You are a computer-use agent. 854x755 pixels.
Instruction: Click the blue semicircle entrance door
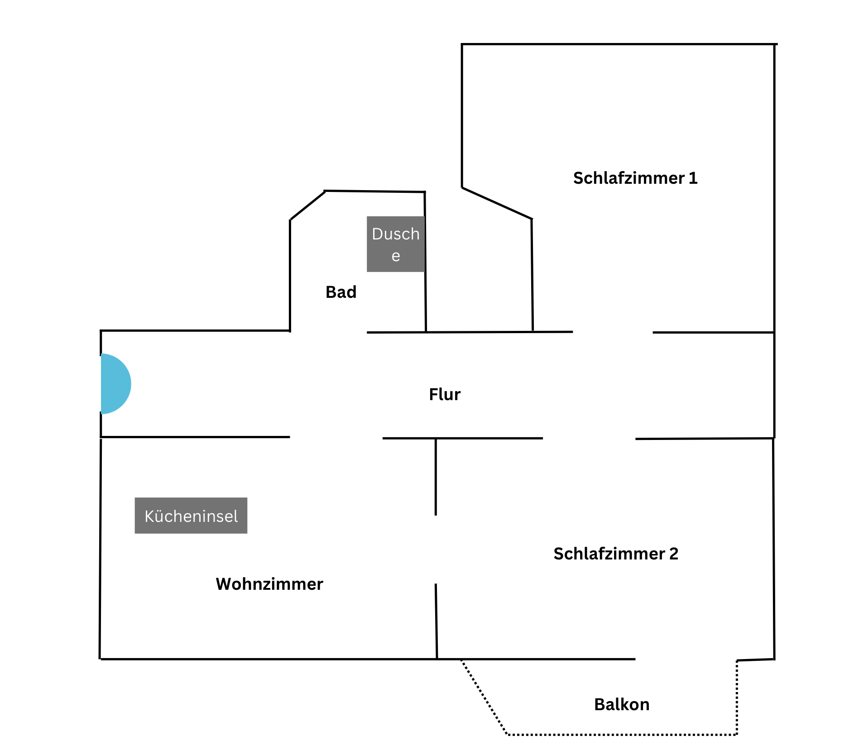[116, 384]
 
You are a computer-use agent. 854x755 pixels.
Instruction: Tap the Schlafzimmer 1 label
[635, 178]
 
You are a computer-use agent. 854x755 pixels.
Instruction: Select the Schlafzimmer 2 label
[616, 554]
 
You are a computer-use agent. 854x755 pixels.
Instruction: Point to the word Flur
[445, 394]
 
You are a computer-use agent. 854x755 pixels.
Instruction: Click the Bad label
[341, 292]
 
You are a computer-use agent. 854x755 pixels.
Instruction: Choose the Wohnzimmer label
[269, 584]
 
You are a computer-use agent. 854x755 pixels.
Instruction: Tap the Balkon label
[622, 704]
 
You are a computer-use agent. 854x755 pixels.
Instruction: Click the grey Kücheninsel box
[191, 516]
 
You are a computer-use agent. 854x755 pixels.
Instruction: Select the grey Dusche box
[396, 244]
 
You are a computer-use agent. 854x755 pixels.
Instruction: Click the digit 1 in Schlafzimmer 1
[693, 178]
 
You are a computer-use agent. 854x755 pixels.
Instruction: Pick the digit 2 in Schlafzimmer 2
[674, 554]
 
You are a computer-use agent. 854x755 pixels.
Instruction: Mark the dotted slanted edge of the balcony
[484, 697]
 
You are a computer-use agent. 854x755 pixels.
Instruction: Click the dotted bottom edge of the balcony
[622, 734]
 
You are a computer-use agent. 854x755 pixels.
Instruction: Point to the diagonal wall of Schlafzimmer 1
[497, 203]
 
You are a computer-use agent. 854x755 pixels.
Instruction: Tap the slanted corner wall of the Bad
[307, 205]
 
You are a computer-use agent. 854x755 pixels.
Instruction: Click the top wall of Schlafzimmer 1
[619, 44]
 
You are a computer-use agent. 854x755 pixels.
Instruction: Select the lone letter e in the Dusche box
[396, 256]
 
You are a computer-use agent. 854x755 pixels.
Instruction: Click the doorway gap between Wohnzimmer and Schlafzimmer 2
[436, 550]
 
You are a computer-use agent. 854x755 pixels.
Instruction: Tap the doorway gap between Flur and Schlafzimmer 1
[613, 332]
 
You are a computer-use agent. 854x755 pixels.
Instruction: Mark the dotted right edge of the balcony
[737, 697]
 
